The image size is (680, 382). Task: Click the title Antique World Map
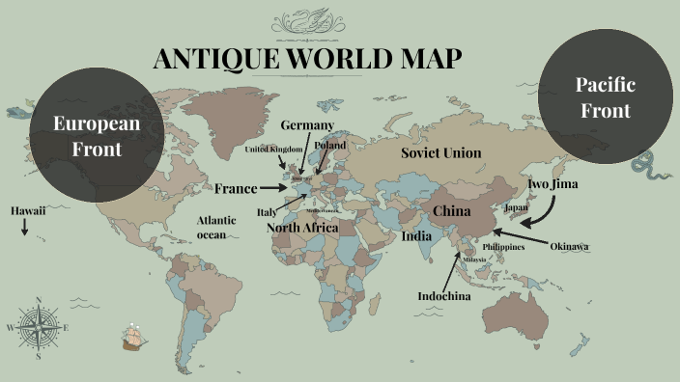point(308,60)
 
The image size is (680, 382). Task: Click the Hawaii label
point(28,210)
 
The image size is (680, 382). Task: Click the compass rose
point(38,327)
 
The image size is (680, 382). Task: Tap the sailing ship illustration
point(134,337)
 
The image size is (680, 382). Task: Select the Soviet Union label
point(440,153)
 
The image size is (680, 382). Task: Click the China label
point(451,210)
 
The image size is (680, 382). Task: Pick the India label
point(416,236)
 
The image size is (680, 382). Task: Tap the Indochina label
point(443,296)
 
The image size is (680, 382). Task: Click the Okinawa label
point(569,247)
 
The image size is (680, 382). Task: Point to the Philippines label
point(503,247)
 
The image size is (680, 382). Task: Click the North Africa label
point(302,228)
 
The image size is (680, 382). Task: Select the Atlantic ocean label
point(216,227)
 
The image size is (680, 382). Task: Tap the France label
point(236,189)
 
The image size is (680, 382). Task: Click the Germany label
point(307,125)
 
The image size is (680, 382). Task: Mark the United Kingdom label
point(273,150)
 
